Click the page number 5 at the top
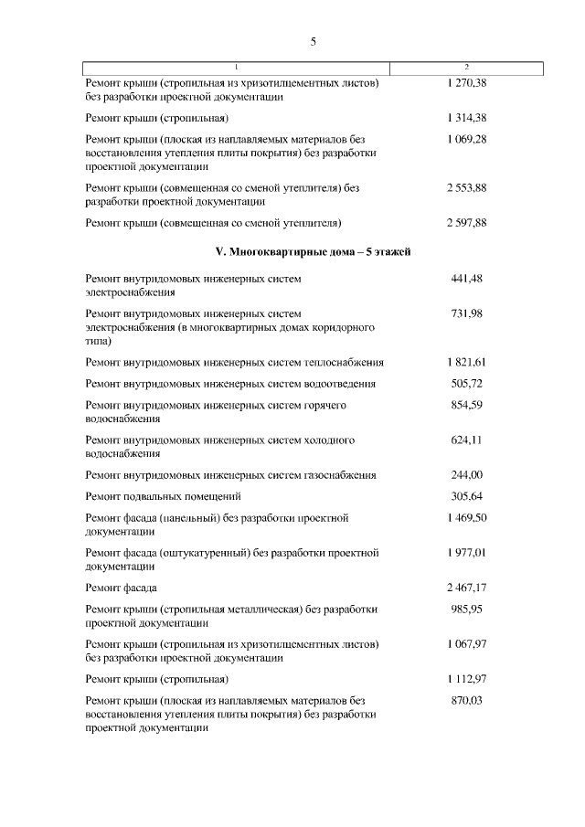313,42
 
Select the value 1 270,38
466,83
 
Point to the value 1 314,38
466,119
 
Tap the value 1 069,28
466,139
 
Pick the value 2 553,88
466,187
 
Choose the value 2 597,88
466,222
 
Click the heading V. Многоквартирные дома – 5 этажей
313,251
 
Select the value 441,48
466,278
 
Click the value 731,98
466,313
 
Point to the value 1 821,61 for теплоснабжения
466,362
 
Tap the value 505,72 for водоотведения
466,384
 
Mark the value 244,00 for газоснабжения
466,475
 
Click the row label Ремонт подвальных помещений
163,496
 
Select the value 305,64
466,496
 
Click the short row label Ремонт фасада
121,588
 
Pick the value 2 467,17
466,588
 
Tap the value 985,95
466,609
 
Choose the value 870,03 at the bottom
466,700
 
